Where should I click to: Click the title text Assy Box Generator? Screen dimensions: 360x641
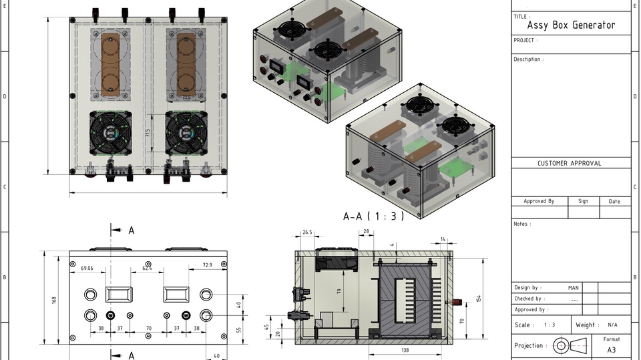point(571,25)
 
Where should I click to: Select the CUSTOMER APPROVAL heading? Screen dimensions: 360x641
point(569,163)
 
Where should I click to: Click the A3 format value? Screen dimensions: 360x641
point(611,349)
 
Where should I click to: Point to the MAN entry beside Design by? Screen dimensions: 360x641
point(573,288)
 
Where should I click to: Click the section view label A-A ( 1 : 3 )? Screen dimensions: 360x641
point(373,216)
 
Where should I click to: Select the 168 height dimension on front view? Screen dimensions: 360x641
point(54,301)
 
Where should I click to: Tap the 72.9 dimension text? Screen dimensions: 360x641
point(207,266)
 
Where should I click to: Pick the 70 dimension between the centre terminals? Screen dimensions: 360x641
point(148,329)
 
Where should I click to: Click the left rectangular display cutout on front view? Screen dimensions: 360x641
point(119,294)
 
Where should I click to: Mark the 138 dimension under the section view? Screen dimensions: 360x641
point(404,350)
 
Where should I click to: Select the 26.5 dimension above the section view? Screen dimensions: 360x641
point(307,232)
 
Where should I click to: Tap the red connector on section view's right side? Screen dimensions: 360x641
point(457,303)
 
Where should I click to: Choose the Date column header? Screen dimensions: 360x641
point(614,201)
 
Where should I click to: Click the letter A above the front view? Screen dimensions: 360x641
point(132,230)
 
